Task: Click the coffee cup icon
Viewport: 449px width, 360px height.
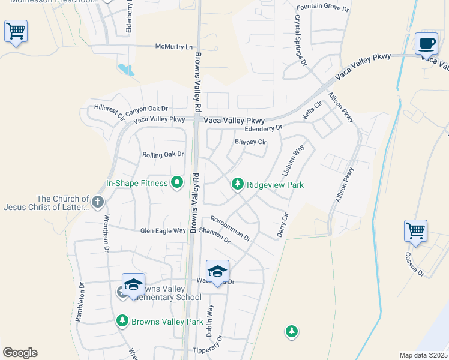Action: pyautogui.click(x=426, y=44)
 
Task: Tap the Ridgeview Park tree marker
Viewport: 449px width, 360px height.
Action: pyautogui.click(x=238, y=184)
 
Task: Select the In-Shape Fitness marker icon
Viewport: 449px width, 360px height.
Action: pyautogui.click(x=176, y=182)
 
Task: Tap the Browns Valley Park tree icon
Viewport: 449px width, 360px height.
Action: pyautogui.click(x=122, y=321)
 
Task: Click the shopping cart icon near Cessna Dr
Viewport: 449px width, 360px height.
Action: pyautogui.click(x=415, y=230)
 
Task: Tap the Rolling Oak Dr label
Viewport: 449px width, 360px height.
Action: pyautogui.click(x=163, y=155)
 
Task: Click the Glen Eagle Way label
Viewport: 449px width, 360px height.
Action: pyautogui.click(x=163, y=230)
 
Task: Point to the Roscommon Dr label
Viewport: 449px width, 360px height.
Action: pyautogui.click(x=230, y=228)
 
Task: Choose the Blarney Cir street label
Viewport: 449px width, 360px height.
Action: pyautogui.click(x=250, y=142)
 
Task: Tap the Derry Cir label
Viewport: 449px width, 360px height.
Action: pyautogui.click(x=283, y=225)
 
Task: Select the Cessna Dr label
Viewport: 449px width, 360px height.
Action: pyautogui.click(x=414, y=265)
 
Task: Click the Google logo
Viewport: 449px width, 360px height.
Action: pyautogui.click(x=20, y=353)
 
